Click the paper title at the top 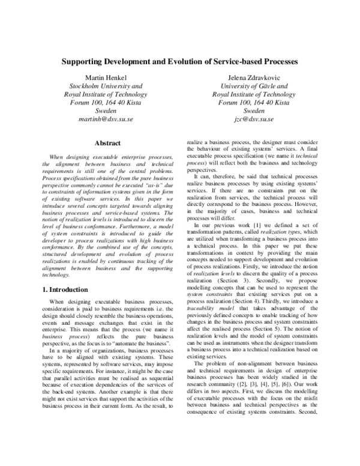click(180, 62)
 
